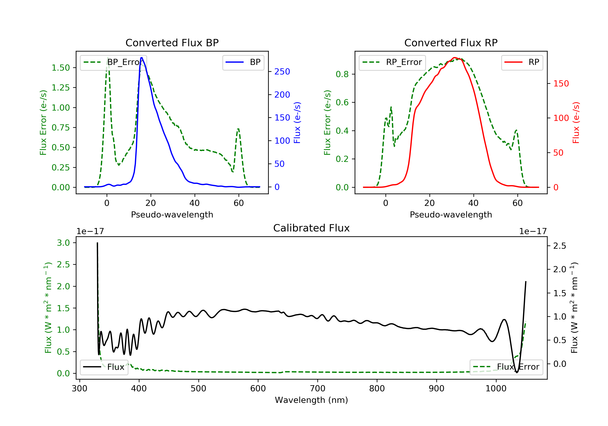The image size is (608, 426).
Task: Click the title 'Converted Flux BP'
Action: (172, 43)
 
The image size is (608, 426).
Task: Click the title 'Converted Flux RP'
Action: (451, 43)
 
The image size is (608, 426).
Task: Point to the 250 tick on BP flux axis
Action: (282, 72)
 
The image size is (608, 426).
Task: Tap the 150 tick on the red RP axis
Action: (561, 84)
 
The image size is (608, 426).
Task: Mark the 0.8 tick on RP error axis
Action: (342, 74)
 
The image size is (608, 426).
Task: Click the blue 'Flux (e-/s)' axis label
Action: (297, 123)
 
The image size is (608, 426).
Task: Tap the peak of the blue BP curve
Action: (142, 58)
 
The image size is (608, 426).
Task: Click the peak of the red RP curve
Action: (454, 58)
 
